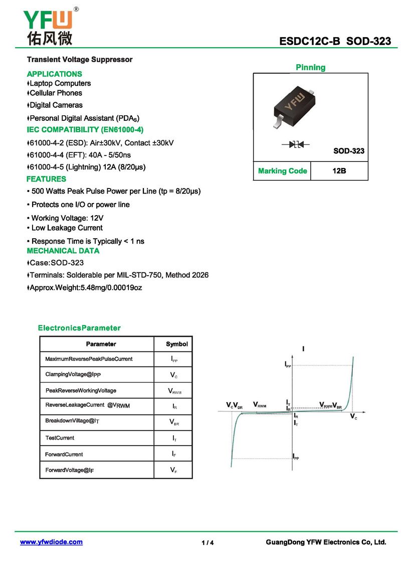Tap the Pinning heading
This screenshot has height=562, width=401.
click(310, 67)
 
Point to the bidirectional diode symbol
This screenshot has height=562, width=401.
click(296, 144)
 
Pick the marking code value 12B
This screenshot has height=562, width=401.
click(339, 171)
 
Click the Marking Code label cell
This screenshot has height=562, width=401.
click(282, 171)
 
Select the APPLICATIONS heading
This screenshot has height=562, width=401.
click(54, 74)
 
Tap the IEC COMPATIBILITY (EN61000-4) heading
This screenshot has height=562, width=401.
click(85, 130)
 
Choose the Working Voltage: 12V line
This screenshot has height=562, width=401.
click(67, 218)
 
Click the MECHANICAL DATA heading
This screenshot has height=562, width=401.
click(63, 251)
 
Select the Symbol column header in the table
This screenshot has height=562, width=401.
click(176, 344)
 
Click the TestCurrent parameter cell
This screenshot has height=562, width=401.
click(60, 438)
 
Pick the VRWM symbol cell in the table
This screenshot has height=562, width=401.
click(173, 391)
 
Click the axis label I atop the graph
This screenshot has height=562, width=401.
click(303, 348)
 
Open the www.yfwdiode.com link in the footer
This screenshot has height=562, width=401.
click(51, 542)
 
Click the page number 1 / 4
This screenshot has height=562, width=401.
click(208, 543)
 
